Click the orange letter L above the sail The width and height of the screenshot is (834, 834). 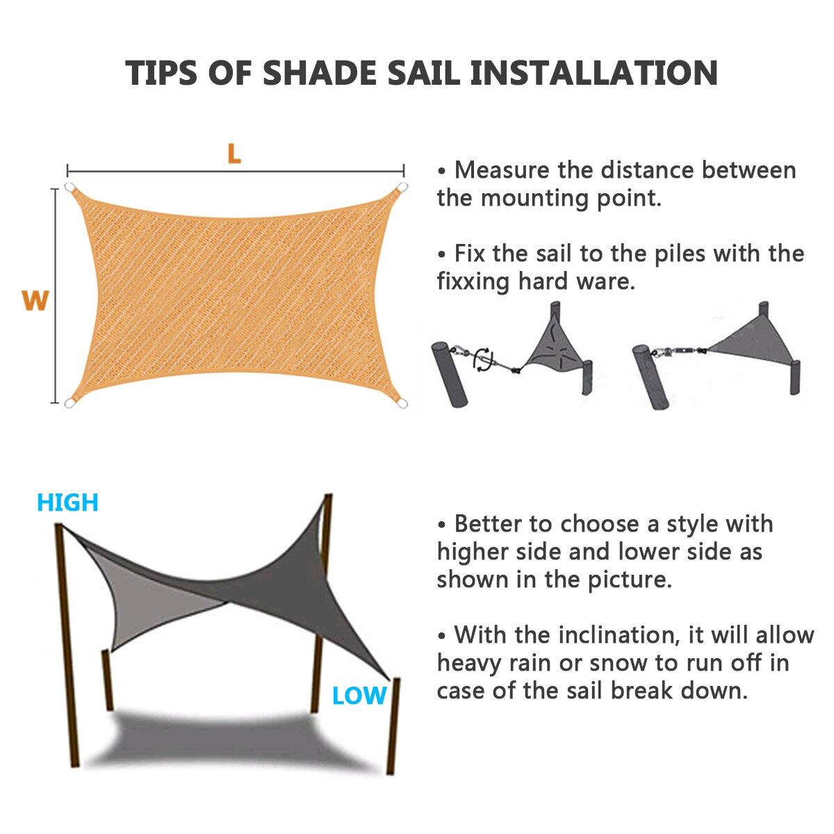pos(234,154)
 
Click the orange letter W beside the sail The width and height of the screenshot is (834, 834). pos(35,301)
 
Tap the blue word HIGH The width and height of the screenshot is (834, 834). pos(67,502)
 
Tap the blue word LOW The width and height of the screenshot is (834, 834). pos(359,696)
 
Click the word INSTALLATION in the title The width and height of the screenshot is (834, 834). pos(594,73)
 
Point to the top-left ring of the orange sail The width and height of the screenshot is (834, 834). pos(69,188)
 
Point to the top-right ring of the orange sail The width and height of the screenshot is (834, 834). pos(402,188)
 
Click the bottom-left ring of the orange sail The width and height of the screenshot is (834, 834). pos(69,404)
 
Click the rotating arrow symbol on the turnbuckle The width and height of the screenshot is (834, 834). pos(483,360)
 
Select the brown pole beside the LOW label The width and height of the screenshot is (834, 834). pos(393,726)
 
